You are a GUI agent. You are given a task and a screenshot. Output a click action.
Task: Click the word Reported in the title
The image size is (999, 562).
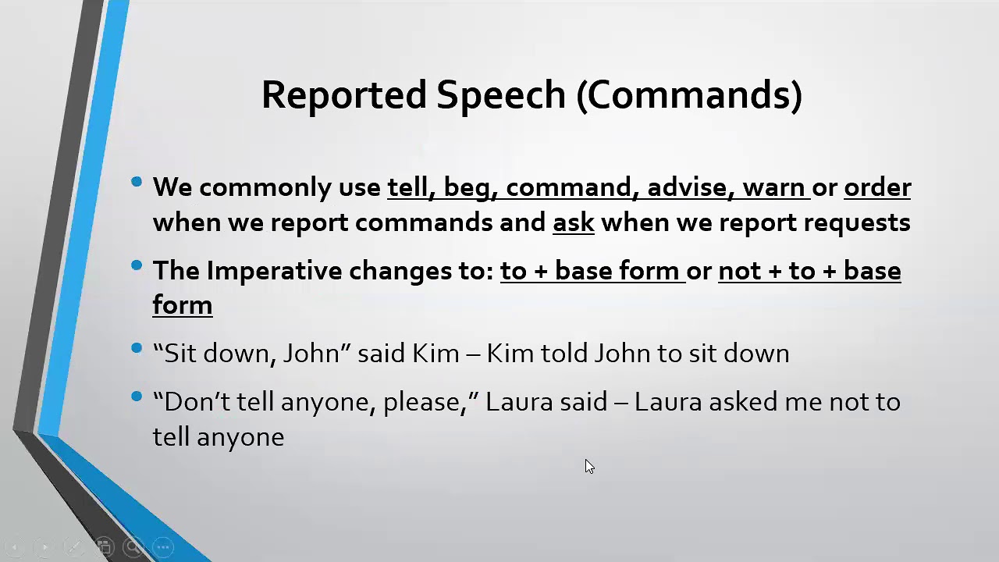click(x=344, y=95)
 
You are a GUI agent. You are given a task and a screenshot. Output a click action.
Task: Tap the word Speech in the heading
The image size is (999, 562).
click(x=501, y=95)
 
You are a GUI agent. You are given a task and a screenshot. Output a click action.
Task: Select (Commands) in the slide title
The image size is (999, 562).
click(x=689, y=95)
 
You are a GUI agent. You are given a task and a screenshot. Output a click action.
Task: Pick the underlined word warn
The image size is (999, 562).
click(x=773, y=187)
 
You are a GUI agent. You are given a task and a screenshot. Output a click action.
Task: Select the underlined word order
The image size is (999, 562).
click(x=877, y=187)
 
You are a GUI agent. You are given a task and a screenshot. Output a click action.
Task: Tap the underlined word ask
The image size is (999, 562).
click(x=574, y=222)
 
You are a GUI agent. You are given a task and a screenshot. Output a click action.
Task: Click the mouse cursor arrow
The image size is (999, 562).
click(x=588, y=466)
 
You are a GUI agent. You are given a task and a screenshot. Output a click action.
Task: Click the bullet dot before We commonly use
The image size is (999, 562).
click(x=137, y=183)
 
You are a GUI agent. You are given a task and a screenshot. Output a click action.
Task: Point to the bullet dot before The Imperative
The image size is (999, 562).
click(x=137, y=266)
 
